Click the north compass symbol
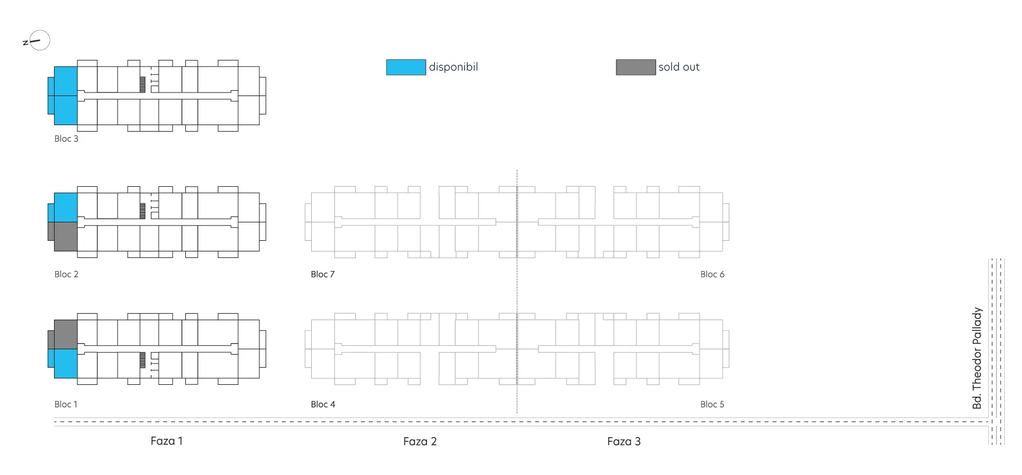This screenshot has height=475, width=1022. point(37,41)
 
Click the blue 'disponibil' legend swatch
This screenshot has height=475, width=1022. point(406,67)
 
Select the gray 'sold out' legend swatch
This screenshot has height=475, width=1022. point(635,67)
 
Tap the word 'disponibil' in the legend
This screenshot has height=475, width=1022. point(453,67)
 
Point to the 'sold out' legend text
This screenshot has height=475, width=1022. point(679,67)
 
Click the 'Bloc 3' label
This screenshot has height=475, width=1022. point(67,139)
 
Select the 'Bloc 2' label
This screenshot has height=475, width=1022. point(67,275)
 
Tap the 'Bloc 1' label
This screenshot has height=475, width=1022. point(66,404)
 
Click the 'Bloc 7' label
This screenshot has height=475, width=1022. point(322,275)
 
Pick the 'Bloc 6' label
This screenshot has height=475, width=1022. point(712,275)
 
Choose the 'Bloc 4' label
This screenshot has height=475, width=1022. point(323,404)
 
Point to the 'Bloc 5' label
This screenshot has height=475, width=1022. point(712,404)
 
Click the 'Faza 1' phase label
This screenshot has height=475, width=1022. point(166,441)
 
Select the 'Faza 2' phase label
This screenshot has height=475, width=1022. point(420,442)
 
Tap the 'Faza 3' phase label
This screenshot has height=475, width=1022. point(624,442)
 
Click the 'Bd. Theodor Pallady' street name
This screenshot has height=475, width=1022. point(977,358)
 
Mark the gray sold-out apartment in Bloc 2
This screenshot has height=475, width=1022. point(65,237)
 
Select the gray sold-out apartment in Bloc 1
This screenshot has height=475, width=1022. point(65,334)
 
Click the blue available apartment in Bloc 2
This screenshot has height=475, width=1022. point(65,208)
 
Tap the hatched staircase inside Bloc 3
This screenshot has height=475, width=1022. point(143,85)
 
